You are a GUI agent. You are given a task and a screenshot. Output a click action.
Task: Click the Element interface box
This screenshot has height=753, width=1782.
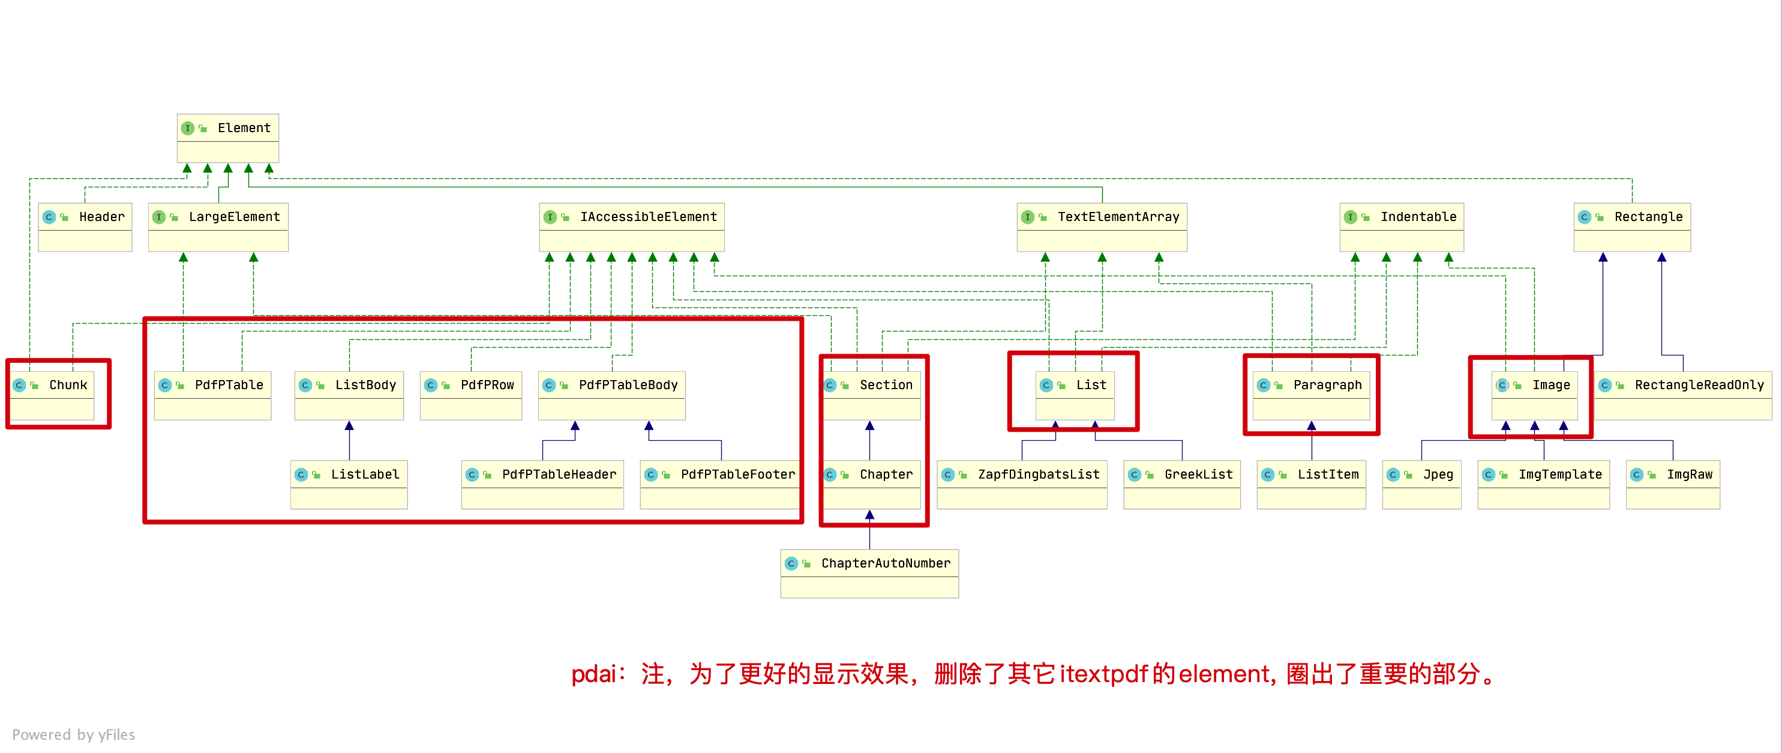(227, 138)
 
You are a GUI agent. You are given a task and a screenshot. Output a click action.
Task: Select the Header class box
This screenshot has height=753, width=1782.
(85, 227)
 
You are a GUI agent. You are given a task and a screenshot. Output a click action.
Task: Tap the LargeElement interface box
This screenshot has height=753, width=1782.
(218, 227)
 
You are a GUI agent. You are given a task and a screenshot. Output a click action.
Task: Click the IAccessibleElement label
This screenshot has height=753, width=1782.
(648, 217)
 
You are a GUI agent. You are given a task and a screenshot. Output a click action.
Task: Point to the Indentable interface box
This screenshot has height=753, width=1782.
(1402, 227)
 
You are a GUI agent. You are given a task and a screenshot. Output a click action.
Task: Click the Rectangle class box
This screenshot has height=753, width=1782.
(1632, 227)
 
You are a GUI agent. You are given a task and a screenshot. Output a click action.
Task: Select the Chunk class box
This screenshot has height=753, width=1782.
(53, 395)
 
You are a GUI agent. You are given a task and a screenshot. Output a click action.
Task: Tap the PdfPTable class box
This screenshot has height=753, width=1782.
(212, 395)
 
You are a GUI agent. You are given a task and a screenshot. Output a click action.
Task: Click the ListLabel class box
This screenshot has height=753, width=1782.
(349, 485)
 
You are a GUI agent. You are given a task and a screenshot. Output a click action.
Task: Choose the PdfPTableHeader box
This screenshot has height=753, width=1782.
(542, 485)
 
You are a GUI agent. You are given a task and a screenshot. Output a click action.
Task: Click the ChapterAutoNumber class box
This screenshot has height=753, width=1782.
(869, 573)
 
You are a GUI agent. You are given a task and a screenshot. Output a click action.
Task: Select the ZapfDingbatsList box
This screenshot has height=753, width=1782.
(1022, 485)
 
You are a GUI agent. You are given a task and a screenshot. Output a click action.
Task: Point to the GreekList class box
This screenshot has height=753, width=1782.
(1181, 485)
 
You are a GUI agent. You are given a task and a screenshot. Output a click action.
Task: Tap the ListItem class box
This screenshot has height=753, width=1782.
(1311, 485)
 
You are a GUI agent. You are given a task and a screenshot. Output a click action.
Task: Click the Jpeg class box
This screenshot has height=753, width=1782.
(1421, 485)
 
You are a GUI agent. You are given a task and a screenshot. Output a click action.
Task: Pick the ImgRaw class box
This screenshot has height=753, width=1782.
(1673, 485)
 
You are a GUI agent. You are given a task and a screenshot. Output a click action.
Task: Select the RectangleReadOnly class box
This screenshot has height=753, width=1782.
(1683, 395)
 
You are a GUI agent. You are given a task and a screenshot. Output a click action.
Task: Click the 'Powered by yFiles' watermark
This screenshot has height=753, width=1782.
(73, 734)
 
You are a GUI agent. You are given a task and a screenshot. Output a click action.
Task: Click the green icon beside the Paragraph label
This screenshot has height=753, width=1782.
(1279, 386)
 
